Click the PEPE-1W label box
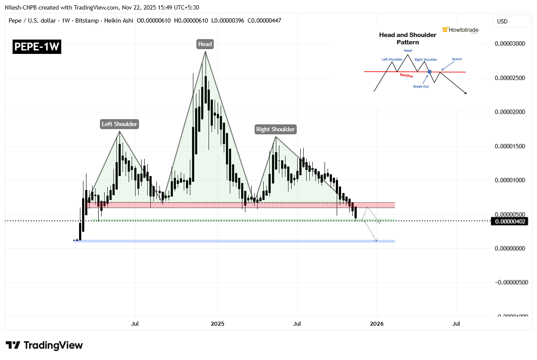(x=37, y=47)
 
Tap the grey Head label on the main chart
(x=205, y=44)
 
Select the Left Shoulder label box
(x=119, y=124)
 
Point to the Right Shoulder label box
(x=275, y=129)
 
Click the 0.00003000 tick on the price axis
(x=510, y=44)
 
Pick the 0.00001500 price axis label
(x=510, y=146)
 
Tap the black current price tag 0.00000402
(x=510, y=221)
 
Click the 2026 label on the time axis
(x=377, y=323)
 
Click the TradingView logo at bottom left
(x=44, y=346)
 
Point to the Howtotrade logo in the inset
(x=461, y=30)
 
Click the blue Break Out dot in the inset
(x=429, y=72)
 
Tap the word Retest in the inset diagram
(x=457, y=59)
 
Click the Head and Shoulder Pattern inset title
(x=408, y=38)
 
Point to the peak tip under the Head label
(x=205, y=52)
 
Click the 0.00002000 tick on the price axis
(x=510, y=112)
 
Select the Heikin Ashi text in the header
(x=119, y=20)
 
